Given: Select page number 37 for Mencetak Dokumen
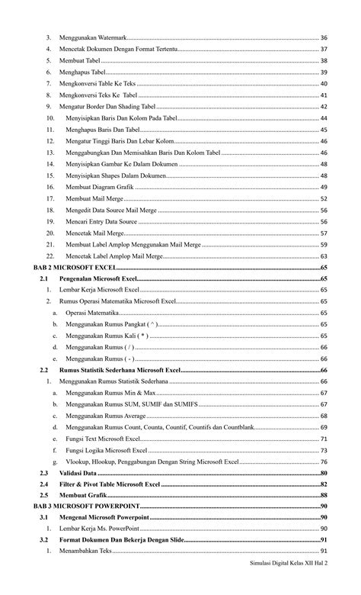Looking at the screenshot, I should pos(324,49).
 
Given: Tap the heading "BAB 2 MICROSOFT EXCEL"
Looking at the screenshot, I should pos(74,268).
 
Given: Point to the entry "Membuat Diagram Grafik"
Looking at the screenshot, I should pos(101,187).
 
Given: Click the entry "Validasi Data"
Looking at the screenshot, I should pos(83,473).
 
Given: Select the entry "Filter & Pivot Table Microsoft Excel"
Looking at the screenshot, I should pos(110,484).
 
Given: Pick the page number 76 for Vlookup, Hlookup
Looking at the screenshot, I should pos(324,462).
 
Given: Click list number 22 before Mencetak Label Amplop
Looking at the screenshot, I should pos(50,256).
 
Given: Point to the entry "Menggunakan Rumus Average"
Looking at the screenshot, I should pos(105,416).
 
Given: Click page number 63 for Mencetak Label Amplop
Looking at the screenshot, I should pos(324,256).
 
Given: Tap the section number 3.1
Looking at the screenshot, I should pos(44,517).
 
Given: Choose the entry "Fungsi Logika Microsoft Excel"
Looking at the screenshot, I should pos(106,450).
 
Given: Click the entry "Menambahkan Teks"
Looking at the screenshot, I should pos(85,552).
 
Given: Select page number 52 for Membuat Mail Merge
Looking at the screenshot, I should pos(324,198).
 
